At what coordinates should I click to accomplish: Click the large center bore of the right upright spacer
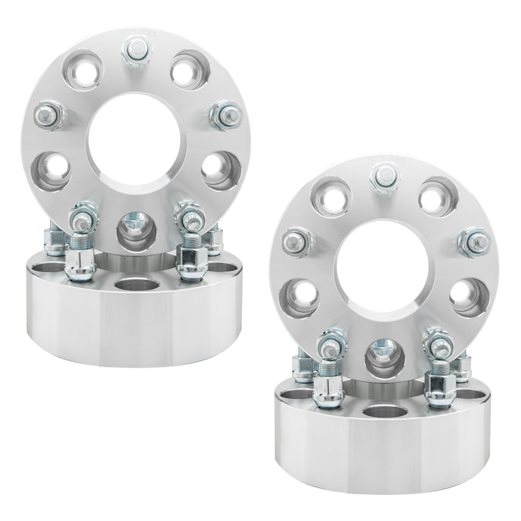(383, 266)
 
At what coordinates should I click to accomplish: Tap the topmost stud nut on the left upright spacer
(137, 51)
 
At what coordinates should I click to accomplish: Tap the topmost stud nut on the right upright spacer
(385, 178)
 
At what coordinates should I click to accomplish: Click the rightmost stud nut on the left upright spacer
(227, 115)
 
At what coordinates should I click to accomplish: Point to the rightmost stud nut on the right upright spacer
(475, 242)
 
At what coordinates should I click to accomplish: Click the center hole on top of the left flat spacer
(137, 285)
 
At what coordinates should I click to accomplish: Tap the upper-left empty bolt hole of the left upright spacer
(83, 70)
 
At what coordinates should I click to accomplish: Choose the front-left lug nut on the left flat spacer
(80, 263)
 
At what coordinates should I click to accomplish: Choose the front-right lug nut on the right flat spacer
(440, 390)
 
